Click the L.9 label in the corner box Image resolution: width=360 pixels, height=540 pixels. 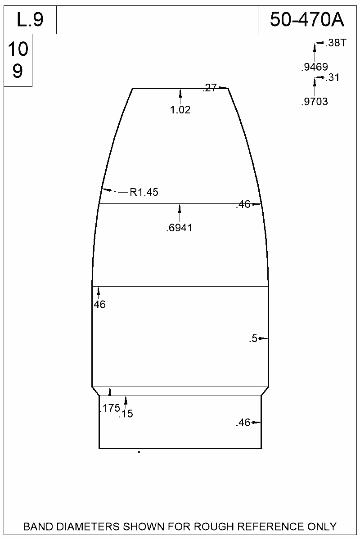(x=30, y=20)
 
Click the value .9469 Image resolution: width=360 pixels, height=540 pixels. (x=314, y=67)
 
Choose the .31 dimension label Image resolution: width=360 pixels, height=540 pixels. (x=332, y=78)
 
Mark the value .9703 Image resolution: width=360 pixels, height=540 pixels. (x=314, y=102)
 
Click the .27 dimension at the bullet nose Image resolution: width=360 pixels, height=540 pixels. (x=210, y=88)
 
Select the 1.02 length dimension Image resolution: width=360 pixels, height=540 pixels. (x=180, y=110)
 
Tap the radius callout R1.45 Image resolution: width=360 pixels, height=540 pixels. (x=144, y=193)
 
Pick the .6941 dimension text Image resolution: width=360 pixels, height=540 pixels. (x=179, y=228)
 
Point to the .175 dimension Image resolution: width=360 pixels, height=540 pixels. (x=109, y=408)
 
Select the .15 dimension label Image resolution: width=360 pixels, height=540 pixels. (x=126, y=414)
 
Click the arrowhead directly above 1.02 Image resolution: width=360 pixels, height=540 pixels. (x=180, y=92)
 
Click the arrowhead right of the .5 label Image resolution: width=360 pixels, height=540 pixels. (x=265, y=338)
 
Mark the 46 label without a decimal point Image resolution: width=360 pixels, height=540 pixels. (x=99, y=305)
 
